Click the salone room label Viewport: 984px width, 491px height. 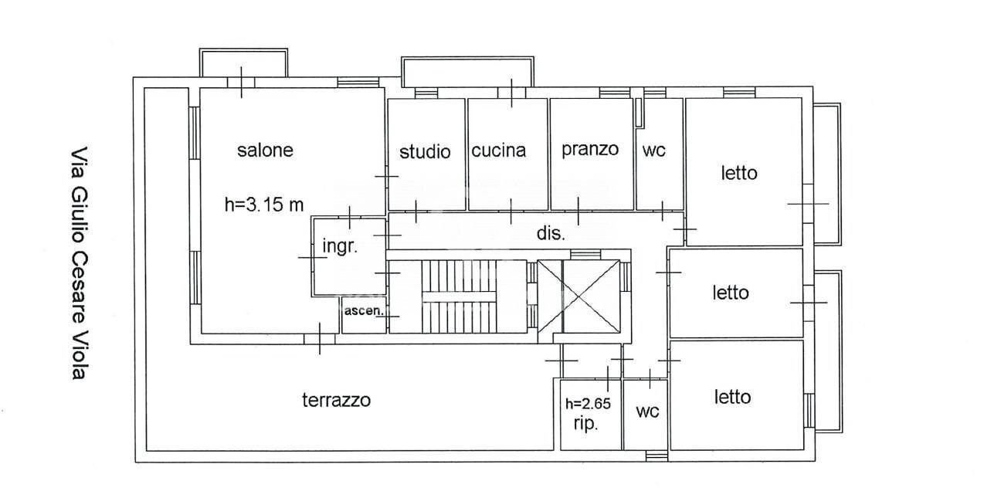[265, 150]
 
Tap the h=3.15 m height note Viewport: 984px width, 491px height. [264, 205]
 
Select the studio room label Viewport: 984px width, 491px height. [425, 151]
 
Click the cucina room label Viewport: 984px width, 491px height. [498, 151]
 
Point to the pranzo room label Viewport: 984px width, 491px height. [590, 148]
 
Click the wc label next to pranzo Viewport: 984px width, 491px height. [653, 151]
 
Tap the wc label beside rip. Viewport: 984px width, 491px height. [647, 412]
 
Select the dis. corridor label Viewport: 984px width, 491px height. [551, 233]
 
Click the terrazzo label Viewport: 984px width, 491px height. [336, 400]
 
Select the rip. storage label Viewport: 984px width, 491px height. [585, 424]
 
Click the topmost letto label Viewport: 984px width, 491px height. [739, 173]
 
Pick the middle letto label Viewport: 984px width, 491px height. [730, 293]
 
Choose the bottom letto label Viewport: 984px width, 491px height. [732, 397]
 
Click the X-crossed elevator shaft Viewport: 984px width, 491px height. [591, 297]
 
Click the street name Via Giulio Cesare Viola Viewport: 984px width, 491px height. [76, 262]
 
